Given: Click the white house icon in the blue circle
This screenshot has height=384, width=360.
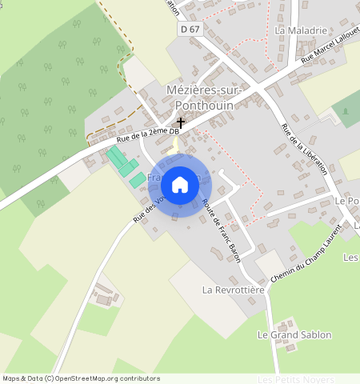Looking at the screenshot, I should pyautogui.click(x=180, y=185).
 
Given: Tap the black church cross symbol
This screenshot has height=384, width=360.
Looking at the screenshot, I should pyautogui.click(x=182, y=123).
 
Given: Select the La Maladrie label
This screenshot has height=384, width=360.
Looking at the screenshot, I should pyautogui.click(x=301, y=30).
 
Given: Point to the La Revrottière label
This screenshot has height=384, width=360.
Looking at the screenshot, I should pyautogui.click(x=233, y=289).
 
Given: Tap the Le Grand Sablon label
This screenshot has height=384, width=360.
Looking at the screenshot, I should pyautogui.click(x=294, y=334).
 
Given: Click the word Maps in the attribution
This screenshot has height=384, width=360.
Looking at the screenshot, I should pyautogui.click(x=10, y=378).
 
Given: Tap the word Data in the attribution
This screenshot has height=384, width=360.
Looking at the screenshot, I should pyautogui.click(x=33, y=378).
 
